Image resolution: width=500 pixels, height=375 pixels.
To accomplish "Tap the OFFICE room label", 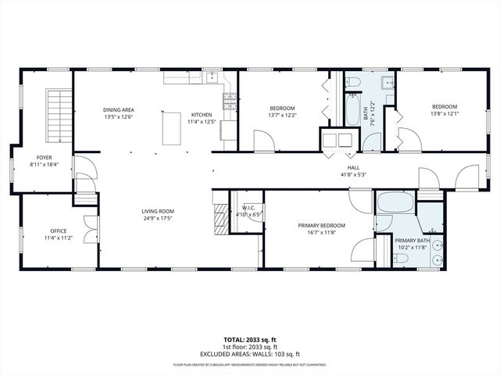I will (x=58, y=230).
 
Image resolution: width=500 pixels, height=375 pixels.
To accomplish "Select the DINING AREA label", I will (x=119, y=110).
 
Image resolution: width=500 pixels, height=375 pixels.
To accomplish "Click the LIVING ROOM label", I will (x=157, y=211).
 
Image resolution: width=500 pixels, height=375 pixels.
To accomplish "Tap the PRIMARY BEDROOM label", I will (x=321, y=226).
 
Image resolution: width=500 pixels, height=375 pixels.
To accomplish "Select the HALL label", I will (x=354, y=167).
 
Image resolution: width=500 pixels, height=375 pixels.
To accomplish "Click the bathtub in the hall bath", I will (x=353, y=110).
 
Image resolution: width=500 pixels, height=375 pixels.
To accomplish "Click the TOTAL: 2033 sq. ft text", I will (x=250, y=341).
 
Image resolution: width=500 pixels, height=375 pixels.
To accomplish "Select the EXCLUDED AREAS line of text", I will (x=250, y=354).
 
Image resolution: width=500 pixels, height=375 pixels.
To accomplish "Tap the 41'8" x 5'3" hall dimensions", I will (x=354, y=175).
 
